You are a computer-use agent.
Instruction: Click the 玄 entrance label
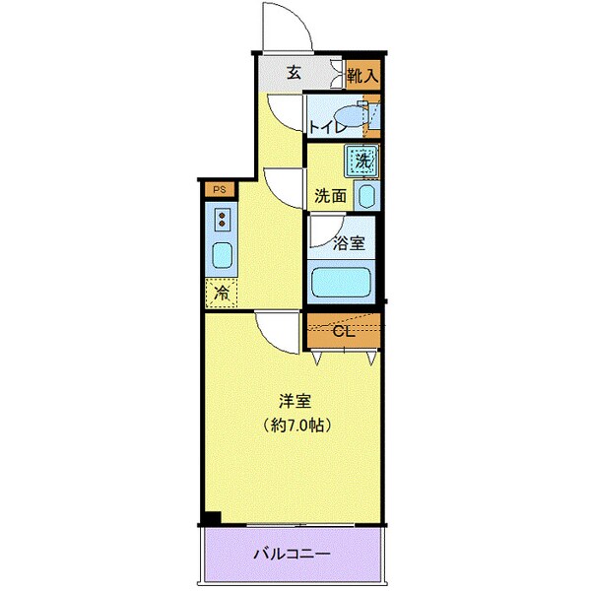click(294, 72)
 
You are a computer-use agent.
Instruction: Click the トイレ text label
click(325, 127)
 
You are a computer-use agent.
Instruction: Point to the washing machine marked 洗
click(361, 159)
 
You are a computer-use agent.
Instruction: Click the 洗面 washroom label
click(330, 195)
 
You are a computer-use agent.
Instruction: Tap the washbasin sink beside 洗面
click(365, 195)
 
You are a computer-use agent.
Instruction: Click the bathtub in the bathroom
click(341, 282)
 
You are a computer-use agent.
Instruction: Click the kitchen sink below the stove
click(222, 256)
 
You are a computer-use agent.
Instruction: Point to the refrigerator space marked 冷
click(222, 292)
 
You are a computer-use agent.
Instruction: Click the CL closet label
click(343, 331)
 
